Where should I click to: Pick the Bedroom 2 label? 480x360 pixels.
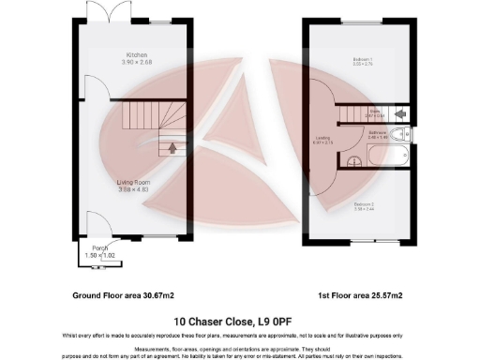coord(365,203)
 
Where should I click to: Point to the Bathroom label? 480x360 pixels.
coord(377,132)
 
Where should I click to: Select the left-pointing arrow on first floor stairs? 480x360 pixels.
coord(400,113)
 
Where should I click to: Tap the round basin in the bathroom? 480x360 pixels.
coord(354,162)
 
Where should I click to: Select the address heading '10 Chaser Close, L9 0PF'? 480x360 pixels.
coord(240,319)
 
